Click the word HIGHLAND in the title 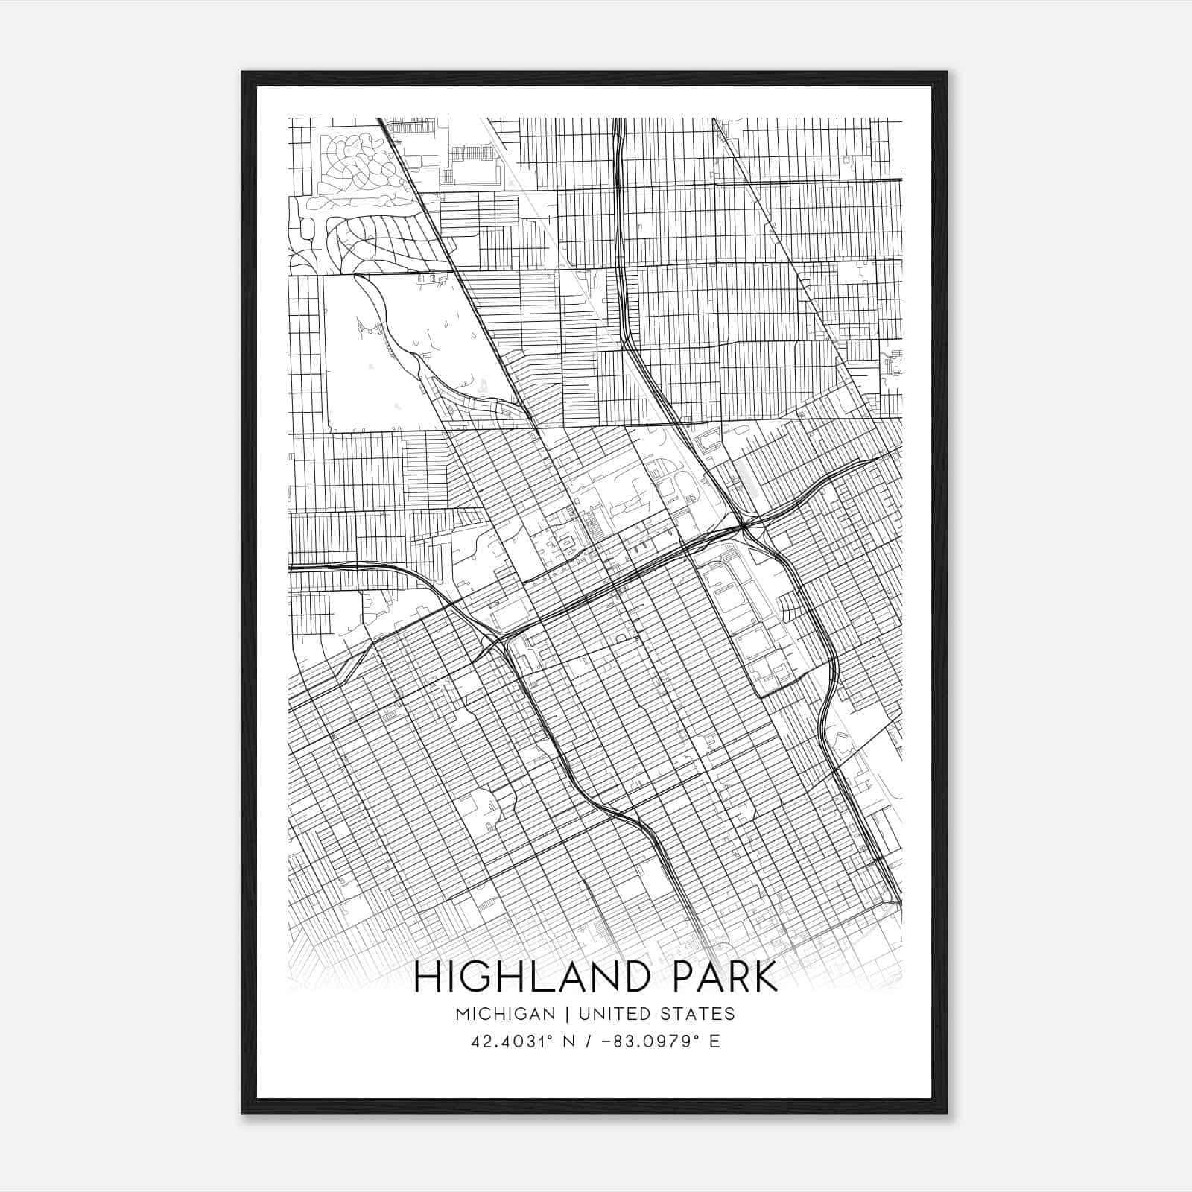coord(537,977)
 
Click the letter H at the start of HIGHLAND coord(427,977)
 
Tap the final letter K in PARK coord(765,977)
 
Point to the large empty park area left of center coord(395,350)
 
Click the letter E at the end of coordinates coord(714,1042)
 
